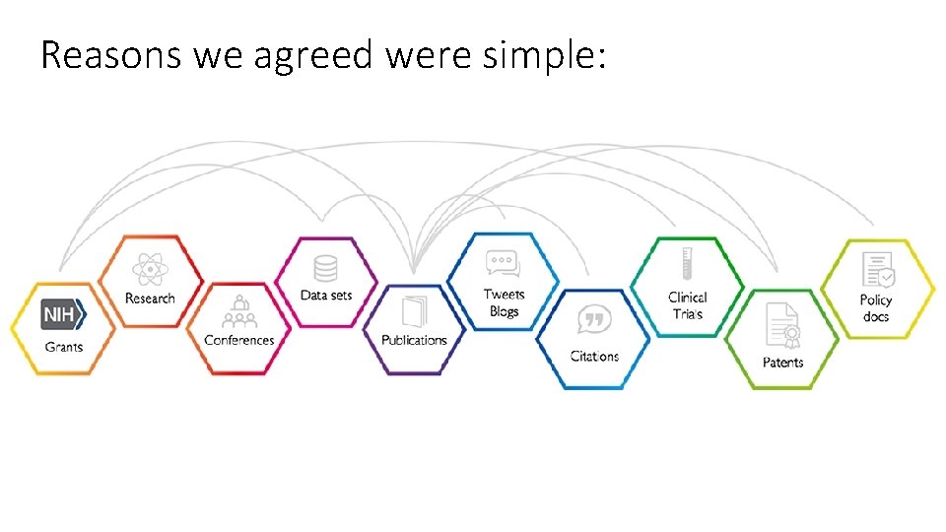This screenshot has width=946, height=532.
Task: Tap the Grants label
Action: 63,347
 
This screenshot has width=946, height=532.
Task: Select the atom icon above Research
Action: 150,268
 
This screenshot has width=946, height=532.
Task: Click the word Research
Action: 150,299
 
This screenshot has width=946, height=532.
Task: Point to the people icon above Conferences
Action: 238,312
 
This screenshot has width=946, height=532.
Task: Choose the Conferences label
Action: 238,341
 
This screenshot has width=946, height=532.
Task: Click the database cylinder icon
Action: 325,268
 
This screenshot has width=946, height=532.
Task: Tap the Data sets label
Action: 326,296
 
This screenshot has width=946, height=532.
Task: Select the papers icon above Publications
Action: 414,309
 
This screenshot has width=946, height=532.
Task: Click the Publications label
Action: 414,340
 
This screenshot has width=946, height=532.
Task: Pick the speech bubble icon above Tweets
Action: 502,264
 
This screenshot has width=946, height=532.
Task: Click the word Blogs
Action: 504,311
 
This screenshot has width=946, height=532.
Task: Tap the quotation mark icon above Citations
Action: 592,319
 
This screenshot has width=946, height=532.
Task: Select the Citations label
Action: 594,356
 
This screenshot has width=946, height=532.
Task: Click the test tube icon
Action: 687,265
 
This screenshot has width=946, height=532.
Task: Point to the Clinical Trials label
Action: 688,305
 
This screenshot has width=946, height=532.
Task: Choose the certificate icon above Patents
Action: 782,325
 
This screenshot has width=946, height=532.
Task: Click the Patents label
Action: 782,363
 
